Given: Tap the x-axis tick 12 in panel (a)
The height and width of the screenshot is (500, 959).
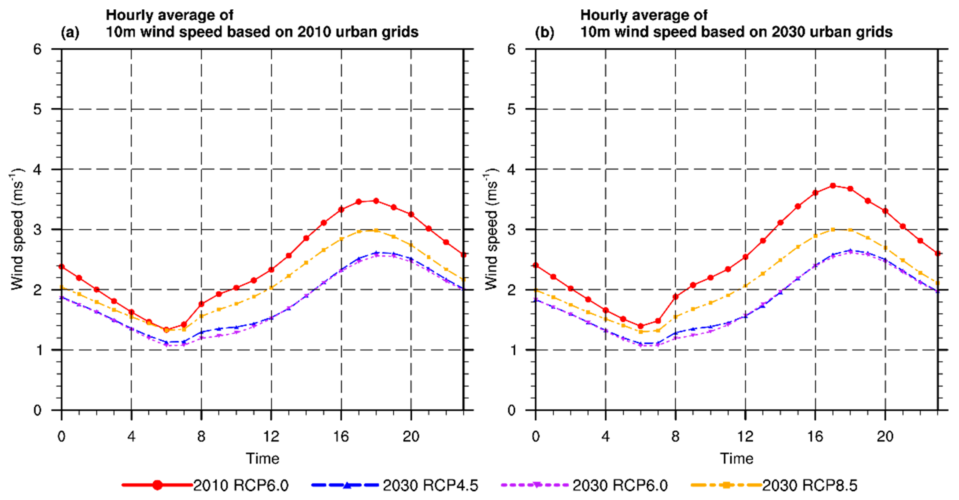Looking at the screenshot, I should (x=271, y=436).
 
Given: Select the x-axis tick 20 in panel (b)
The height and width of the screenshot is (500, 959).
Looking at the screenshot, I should (x=885, y=436).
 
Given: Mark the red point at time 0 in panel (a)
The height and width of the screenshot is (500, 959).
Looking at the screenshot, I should (x=62, y=267).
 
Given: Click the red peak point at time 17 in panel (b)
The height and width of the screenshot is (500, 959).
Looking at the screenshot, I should (x=833, y=186).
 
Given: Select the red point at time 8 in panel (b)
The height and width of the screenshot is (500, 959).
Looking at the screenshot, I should (x=675, y=296).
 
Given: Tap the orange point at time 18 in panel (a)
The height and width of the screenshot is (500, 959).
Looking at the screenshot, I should (x=376, y=230).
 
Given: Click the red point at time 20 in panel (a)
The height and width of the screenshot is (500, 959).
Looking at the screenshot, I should (x=411, y=214).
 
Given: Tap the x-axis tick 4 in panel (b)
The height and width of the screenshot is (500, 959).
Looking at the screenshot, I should (x=605, y=436).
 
